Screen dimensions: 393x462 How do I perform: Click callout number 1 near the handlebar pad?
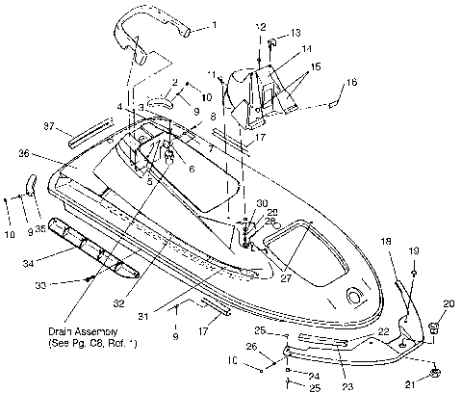tap(215, 22)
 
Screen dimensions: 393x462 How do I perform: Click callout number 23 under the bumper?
tap(346, 386)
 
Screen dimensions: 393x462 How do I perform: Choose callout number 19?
tap(415, 250)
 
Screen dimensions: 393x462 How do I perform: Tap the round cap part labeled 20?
tap(432, 330)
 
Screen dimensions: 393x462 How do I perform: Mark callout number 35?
tap(41, 229)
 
